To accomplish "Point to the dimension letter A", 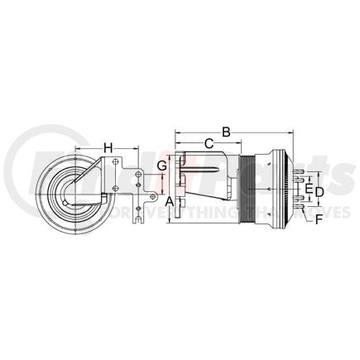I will point(168,202).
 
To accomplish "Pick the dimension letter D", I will point(319,192).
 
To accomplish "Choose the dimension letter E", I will point(309,189).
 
